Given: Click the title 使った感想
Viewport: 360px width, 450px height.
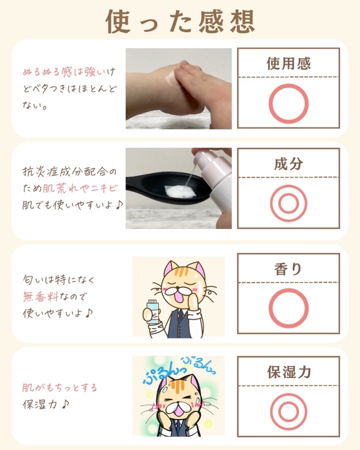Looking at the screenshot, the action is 180,21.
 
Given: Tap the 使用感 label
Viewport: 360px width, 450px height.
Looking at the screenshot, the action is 288,63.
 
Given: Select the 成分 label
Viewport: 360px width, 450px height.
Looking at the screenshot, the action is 288,163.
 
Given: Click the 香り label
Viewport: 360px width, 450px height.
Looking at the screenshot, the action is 288,269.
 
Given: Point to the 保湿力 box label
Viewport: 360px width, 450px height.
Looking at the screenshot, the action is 289,372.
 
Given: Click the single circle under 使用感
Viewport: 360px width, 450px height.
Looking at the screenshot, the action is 288,84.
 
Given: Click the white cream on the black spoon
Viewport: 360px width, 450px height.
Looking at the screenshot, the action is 179,191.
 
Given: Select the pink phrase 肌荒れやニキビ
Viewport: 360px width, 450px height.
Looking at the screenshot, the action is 80,188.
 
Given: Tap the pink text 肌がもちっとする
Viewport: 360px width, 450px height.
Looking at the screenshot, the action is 59,387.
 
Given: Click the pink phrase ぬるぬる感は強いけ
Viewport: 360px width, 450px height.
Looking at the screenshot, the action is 69,71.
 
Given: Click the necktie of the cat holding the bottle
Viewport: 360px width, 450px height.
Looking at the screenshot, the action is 180,316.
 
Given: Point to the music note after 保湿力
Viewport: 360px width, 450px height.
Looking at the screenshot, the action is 65,404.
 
